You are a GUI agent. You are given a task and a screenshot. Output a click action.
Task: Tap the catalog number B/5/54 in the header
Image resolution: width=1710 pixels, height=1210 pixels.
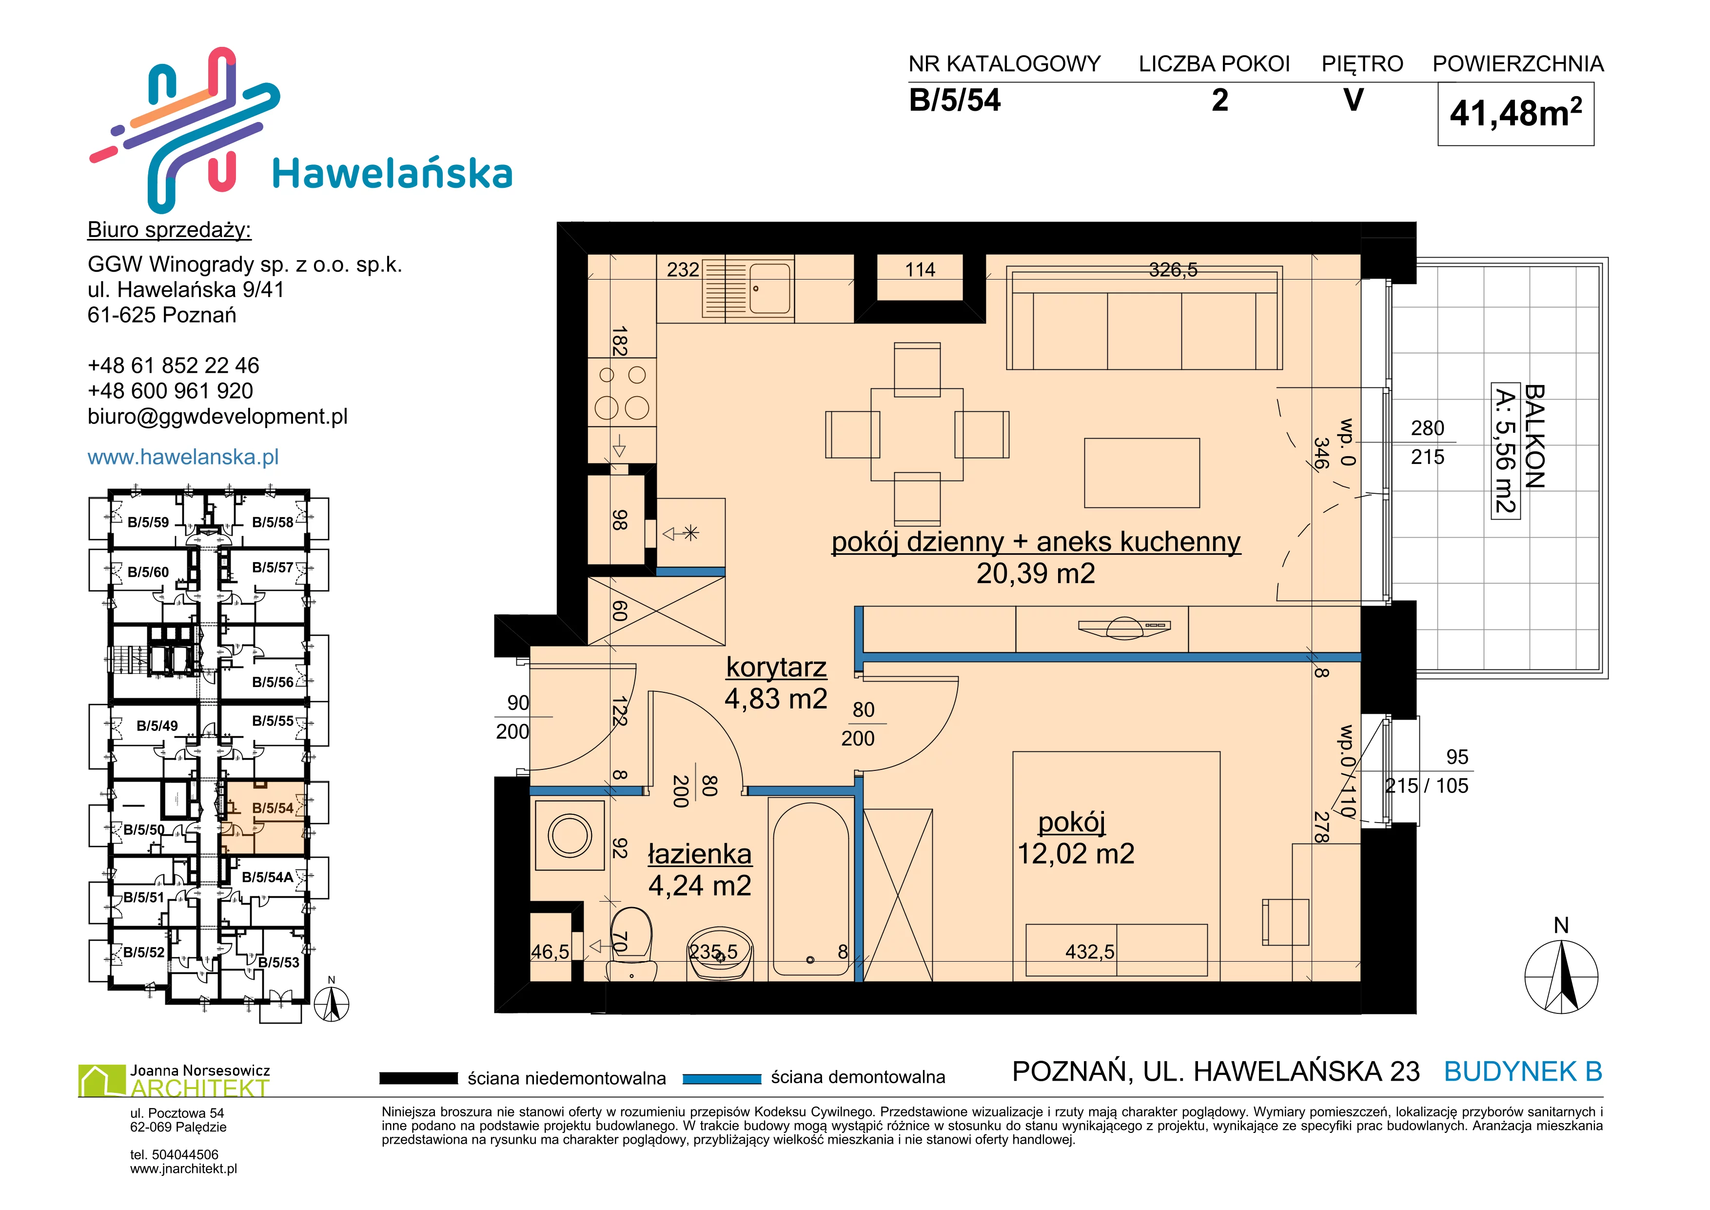(x=955, y=101)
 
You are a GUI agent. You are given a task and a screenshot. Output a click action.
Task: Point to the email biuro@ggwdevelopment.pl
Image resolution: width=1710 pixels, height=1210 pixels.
(x=217, y=417)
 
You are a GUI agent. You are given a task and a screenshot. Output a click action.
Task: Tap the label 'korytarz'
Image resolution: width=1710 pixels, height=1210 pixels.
(x=776, y=667)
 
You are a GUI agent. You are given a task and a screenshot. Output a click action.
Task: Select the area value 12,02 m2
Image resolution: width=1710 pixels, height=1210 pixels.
(x=1076, y=854)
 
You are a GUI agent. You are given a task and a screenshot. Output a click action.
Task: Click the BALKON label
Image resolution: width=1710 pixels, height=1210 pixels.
(x=1534, y=437)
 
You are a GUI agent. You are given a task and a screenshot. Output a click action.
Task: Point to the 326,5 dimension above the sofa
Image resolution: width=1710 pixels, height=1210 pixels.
(x=1173, y=270)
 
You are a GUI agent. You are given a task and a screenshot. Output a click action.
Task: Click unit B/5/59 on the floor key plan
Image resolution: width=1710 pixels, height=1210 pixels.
(x=148, y=522)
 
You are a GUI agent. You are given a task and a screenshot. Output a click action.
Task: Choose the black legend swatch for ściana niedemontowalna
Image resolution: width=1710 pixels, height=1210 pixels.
(x=418, y=1078)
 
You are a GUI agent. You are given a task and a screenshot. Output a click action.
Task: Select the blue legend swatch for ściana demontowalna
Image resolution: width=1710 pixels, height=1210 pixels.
(x=722, y=1078)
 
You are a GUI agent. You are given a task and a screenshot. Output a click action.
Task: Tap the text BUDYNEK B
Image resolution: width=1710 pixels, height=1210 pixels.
(x=1523, y=1071)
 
